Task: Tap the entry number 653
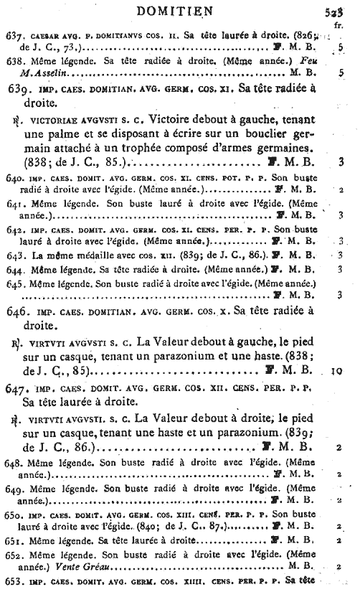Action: (16, 580)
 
